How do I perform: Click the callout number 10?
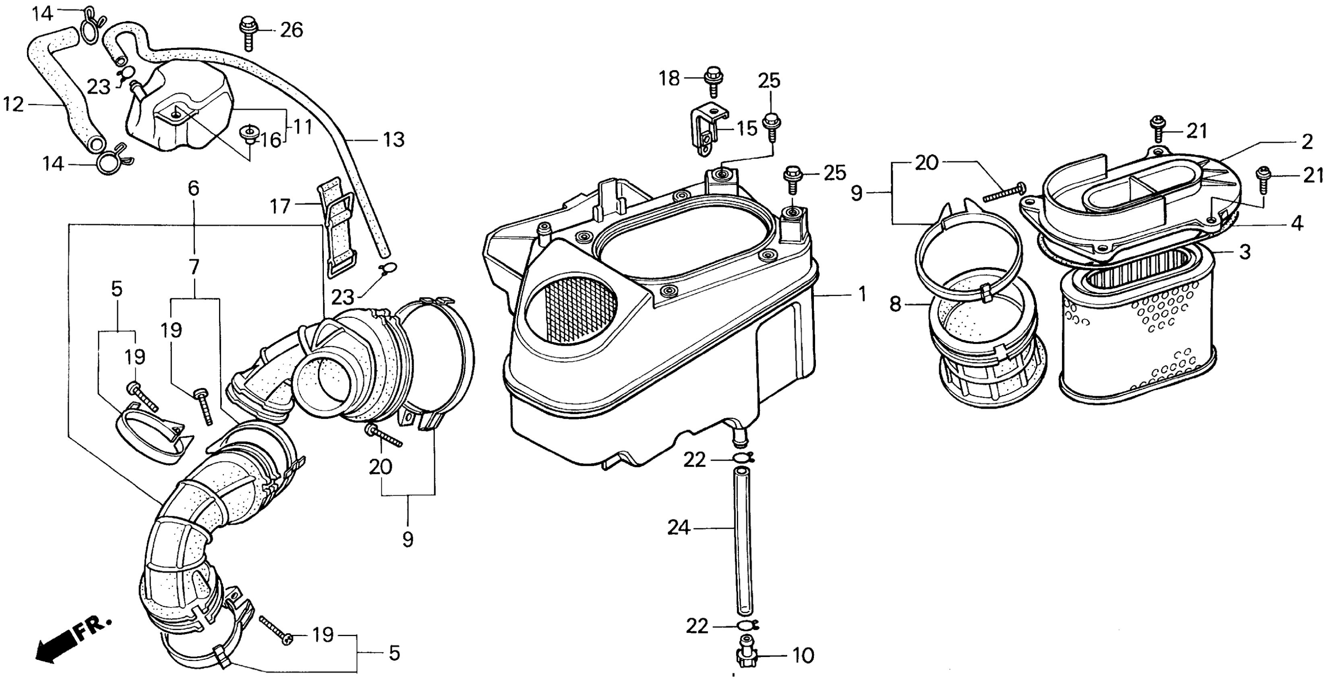click(803, 655)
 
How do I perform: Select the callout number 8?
click(895, 304)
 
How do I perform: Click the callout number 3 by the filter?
click(1245, 252)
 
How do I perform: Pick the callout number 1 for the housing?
click(862, 294)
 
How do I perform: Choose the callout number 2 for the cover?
click(1307, 142)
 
